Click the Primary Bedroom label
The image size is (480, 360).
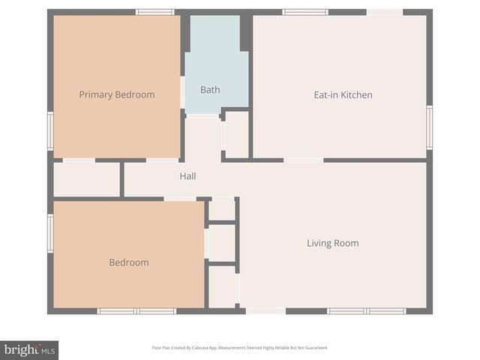pyautogui.click(x=117, y=94)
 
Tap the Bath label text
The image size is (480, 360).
pyautogui.click(x=210, y=90)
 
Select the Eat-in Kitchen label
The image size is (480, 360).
pyautogui.click(x=343, y=94)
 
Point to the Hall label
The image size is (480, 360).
pyautogui.click(x=187, y=176)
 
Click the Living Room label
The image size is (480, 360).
pyautogui.click(x=332, y=243)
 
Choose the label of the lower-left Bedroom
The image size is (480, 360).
pyautogui.click(x=129, y=262)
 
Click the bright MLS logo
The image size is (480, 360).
pyautogui.click(x=29, y=349)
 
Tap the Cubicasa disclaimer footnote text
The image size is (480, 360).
pyautogui.click(x=240, y=348)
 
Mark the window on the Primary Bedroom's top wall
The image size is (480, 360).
pyautogui.click(x=155, y=12)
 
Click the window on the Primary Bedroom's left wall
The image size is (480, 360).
pyautogui.click(x=50, y=131)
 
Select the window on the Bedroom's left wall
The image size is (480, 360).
pyautogui.click(x=50, y=232)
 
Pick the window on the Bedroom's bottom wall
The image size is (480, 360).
pyautogui.click(x=136, y=311)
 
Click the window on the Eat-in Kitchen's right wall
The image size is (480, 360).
pyautogui.click(x=430, y=127)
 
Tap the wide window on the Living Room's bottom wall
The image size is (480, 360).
pyautogui.click(x=366, y=311)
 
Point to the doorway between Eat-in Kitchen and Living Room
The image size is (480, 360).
pyautogui.click(x=303, y=160)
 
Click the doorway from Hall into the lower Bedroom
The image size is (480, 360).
pyautogui.click(x=180, y=199)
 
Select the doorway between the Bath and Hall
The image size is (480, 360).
pyautogui.click(x=202, y=115)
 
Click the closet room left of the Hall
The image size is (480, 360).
pyautogui.click(x=86, y=179)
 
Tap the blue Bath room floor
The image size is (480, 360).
pyautogui.click(x=216, y=67)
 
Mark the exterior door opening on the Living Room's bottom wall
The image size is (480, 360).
pyautogui.click(x=265, y=311)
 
